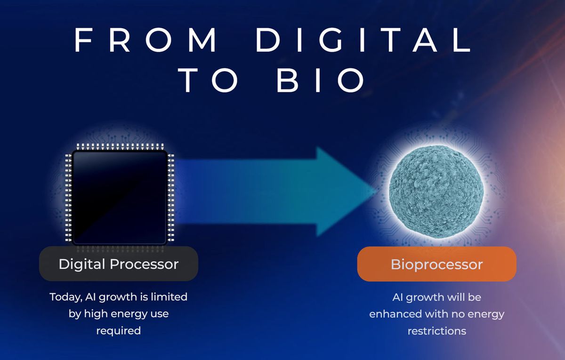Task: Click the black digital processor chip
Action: point(119,198)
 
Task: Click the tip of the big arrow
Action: point(374,191)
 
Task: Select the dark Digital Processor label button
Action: point(119,264)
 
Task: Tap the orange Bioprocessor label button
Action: point(436,264)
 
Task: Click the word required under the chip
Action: point(119,330)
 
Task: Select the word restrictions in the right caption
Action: point(436,331)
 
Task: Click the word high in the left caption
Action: point(96,313)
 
